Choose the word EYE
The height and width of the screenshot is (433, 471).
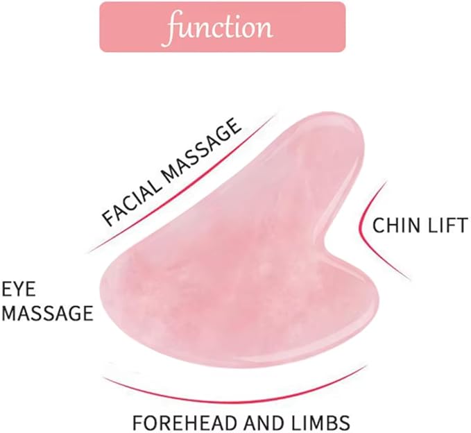pos(19,289)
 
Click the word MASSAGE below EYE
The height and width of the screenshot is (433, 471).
pos(47,313)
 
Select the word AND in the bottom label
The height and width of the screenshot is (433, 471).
pos(265,423)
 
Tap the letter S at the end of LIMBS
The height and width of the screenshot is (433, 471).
pos(344,423)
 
